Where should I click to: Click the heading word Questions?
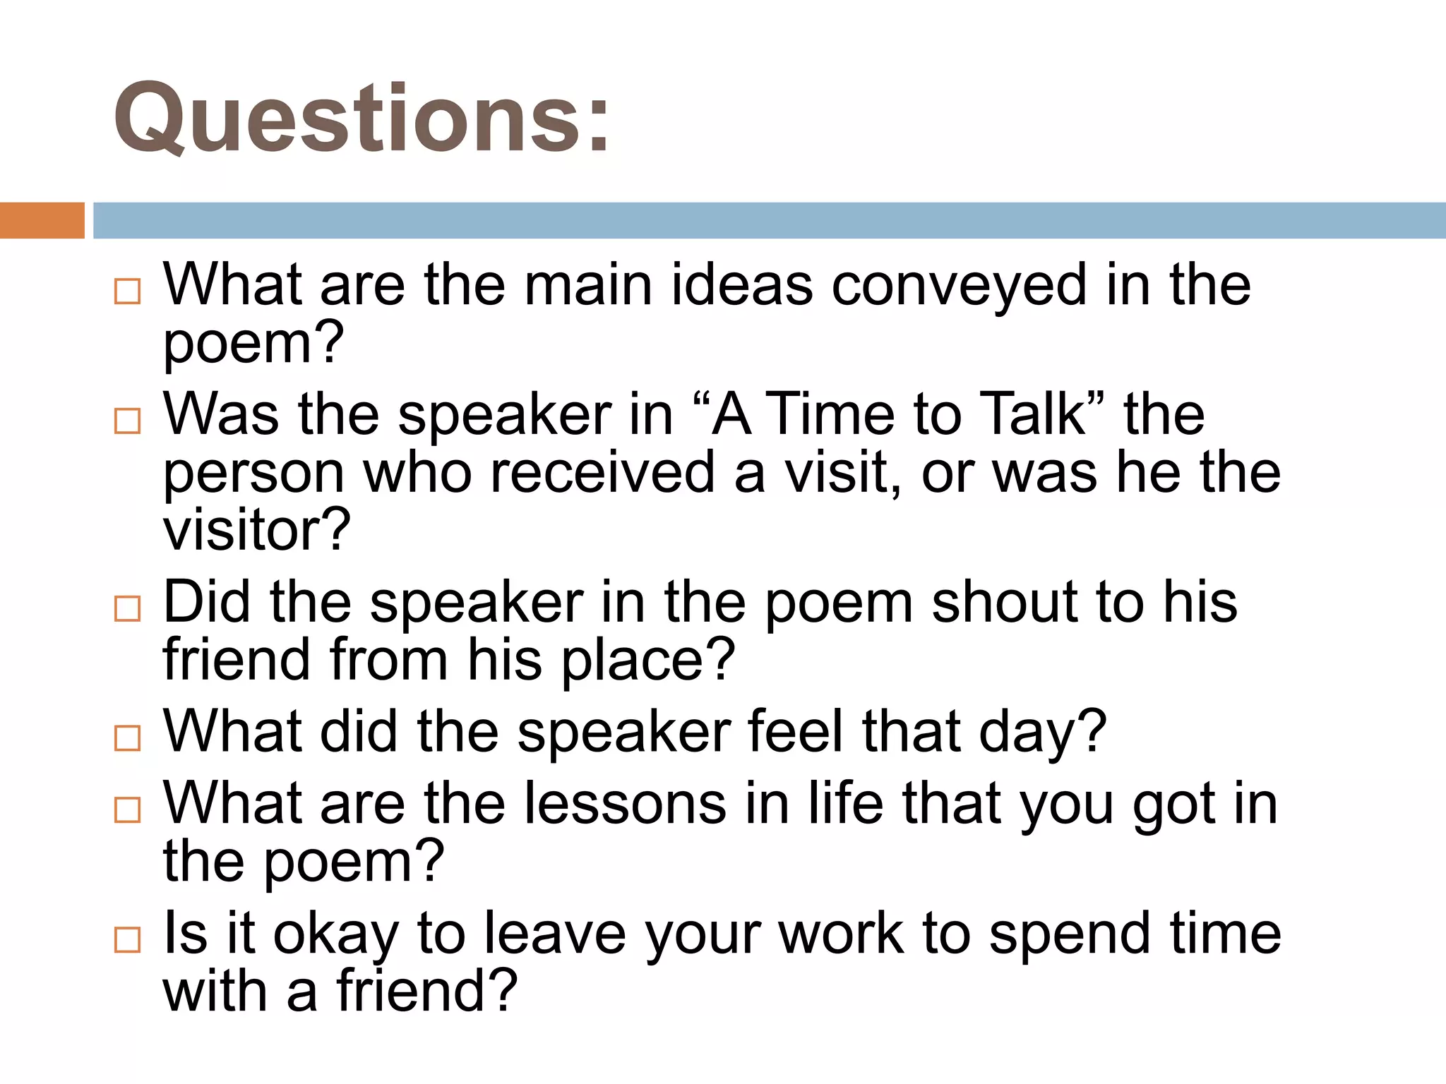coord(361,119)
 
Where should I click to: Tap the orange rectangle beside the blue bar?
coord(42,220)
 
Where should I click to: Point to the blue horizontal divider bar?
coord(769,220)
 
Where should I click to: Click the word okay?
coord(336,935)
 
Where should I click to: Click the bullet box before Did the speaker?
coord(128,608)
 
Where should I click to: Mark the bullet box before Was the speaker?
coord(128,421)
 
